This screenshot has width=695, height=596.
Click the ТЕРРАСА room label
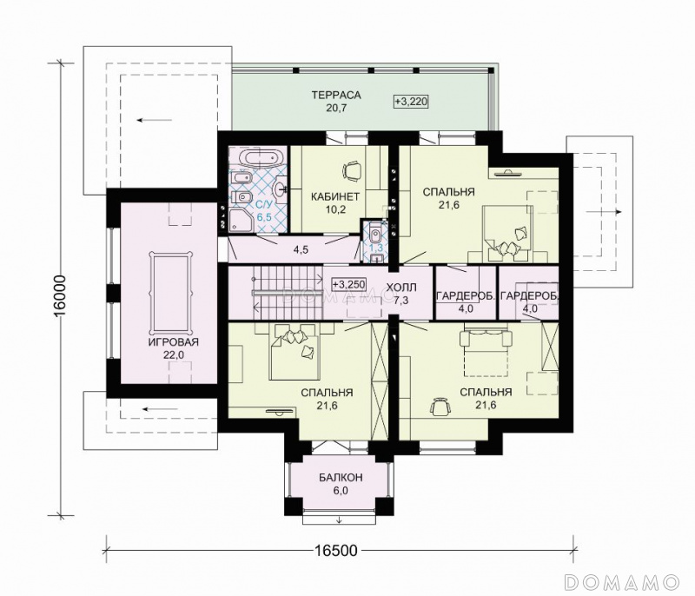point(336,95)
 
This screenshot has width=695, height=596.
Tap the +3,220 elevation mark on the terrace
point(411,102)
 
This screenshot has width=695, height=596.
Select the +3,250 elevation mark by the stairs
point(349,284)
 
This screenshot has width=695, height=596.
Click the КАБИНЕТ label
point(334,196)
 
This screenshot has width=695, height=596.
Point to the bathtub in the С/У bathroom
point(258,159)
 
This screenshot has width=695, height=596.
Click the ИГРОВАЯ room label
point(173,342)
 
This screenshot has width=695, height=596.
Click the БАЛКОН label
point(341,477)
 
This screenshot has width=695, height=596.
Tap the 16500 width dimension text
point(336,550)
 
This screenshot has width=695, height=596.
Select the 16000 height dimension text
point(59,296)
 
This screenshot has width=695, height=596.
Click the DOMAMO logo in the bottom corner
point(622,581)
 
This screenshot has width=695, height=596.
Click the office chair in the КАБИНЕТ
point(353,170)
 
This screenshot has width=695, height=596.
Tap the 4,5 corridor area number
point(301,249)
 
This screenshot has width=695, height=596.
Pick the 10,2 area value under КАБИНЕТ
point(335,209)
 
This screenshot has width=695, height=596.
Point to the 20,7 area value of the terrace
point(336,108)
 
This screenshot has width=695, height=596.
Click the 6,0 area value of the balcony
point(341,490)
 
